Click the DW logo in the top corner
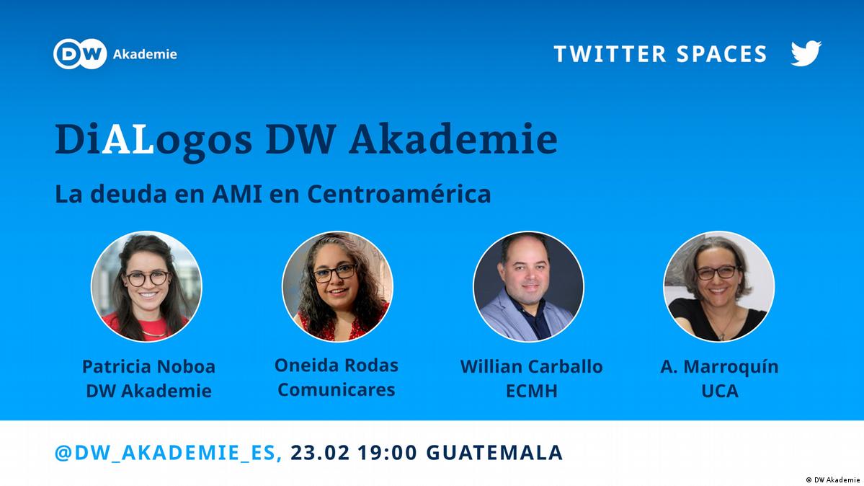80,54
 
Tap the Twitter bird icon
806,53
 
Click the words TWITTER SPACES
660,54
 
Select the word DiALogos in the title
153,140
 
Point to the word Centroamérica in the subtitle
398,194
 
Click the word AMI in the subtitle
237,194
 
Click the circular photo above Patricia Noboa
146,286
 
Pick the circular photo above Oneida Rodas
337,286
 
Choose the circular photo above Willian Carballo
528,286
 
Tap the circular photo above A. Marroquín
719,286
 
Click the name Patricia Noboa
148,366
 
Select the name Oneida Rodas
336,365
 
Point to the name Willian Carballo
531,366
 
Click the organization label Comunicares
336,389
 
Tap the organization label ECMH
532,391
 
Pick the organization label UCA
720,391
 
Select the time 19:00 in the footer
388,452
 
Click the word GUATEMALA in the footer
494,452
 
